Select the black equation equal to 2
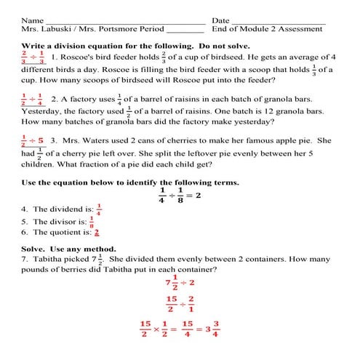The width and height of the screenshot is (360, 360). click(x=180, y=196)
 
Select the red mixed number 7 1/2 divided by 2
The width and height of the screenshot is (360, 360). click(x=180, y=281)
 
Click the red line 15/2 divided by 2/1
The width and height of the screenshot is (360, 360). click(x=180, y=303)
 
